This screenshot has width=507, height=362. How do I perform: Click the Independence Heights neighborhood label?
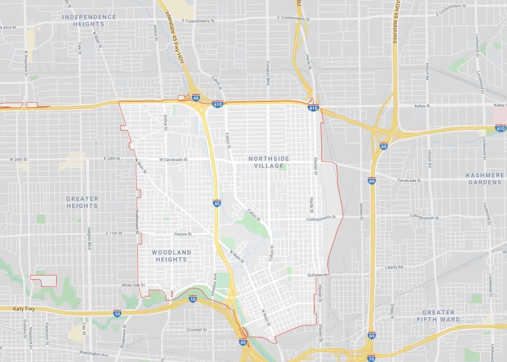[89, 21]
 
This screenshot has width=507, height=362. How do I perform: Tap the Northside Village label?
[269, 162]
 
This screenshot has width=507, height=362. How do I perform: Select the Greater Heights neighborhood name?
[82, 202]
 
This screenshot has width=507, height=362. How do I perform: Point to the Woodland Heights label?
[171, 256]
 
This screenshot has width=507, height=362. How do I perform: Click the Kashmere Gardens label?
[485, 178]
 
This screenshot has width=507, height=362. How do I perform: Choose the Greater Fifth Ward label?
[438, 316]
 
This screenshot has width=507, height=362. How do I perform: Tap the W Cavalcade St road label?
[173, 160]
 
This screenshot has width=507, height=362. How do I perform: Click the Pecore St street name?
[183, 234]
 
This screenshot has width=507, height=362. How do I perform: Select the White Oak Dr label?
[134, 285]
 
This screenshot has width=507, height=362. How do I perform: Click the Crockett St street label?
[196, 329]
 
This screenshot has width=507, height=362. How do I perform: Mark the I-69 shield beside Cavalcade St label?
[371, 180]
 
